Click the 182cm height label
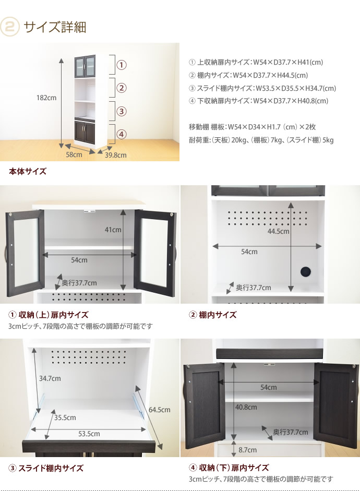pyautogui.click(x=46, y=98)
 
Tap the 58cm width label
pyautogui.click(x=74, y=154)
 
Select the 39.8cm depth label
pyautogui.click(x=115, y=155)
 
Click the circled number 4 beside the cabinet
pyautogui.click(x=122, y=135)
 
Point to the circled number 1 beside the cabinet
pyautogui.click(x=122, y=65)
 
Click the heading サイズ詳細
pyautogui.click(x=55, y=27)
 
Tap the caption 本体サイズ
pyautogui.click(x=28, y=171)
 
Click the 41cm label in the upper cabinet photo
pyautogui.click(x=113, y=230)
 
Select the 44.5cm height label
pyautogui.click(x=278, y=231)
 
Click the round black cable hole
pyautogui.click(x=306, y=271)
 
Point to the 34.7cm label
pyautogui.click(x=50, y=379)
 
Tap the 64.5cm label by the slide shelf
pyautogui.click(x=159, y=410)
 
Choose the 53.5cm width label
pyautogui.click(x=89, y=434)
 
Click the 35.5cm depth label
pyautogui.click(x=65, y=418)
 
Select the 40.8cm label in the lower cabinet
pyautogui.click(x=246, y=408)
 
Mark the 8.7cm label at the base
pyautogui.click(x=248, y=450)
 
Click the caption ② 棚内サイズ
pyautogui.click(x=213, y=315)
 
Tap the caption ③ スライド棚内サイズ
pyautogui.click(x=46, y=469)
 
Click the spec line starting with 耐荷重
pyautogui.click(x=261, y=140)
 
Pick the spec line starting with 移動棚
pyautogui.click(x=252, y=127)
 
